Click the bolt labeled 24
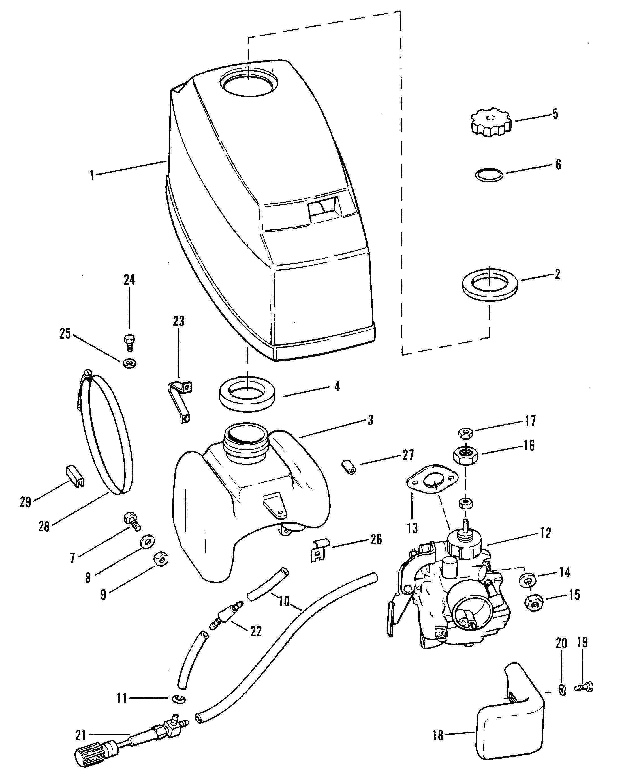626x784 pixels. pyautogui.click(x=129, y=343)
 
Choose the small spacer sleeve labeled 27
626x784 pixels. pyautogui.click(x=348, y=467)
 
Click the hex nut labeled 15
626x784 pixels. pyautogui.click(x=534, y=603)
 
